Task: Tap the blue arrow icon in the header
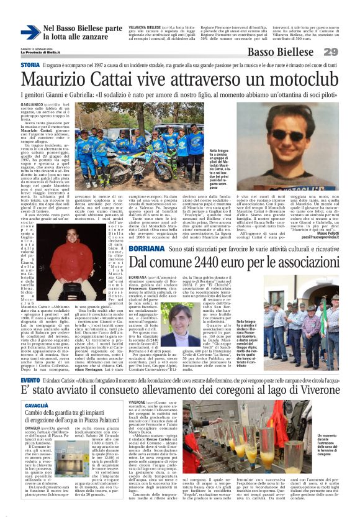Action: [30, 32]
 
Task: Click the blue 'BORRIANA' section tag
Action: [146, 248]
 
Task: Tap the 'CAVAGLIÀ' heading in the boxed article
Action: [37, 388]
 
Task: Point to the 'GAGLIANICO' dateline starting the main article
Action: [35, 106]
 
